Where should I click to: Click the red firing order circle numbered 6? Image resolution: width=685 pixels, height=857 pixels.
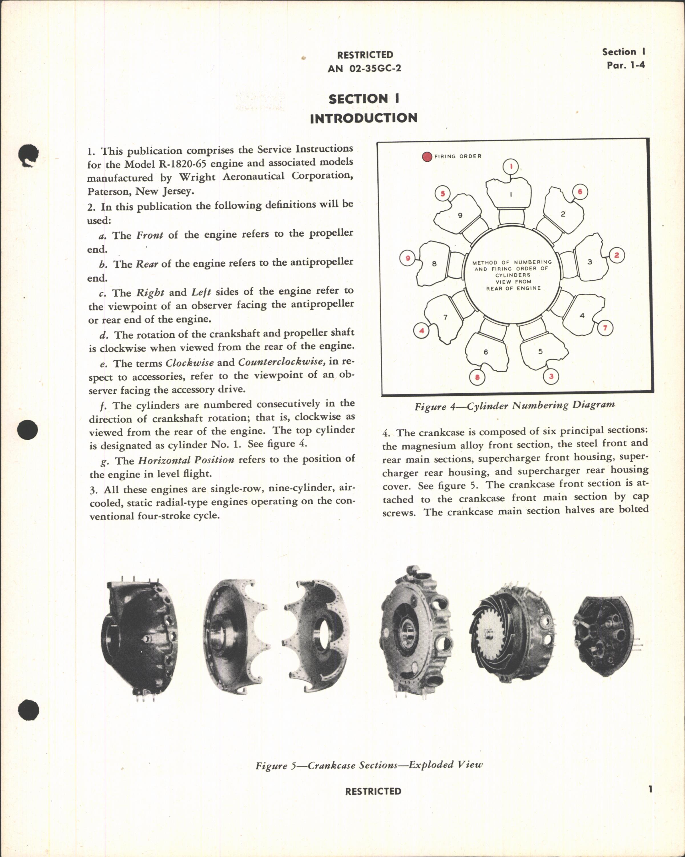click(580, 192)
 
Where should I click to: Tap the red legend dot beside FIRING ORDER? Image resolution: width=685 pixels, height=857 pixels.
click(427, 157)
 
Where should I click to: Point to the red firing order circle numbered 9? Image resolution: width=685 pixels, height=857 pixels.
click(407, 258)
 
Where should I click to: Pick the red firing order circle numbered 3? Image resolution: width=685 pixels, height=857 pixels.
click(551, 376)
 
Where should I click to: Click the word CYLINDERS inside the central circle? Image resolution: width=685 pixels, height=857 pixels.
click(512, 275)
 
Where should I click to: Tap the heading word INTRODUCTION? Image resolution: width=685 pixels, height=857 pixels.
click(363, 118)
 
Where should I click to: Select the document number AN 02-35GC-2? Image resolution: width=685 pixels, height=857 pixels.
click(364, 68)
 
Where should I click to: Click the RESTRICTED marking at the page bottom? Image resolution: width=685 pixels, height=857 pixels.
click(373, 791)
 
